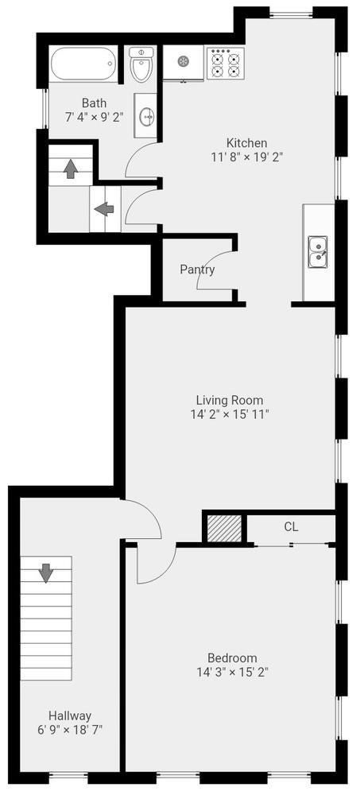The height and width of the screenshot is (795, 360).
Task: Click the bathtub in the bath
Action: coord(83,64)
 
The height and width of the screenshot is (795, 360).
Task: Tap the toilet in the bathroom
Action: coord(141,64)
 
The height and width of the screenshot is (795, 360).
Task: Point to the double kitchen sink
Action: coord(318,252)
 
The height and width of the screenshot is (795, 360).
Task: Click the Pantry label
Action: coord(197,270)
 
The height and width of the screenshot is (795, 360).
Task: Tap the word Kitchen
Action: coord(246,142)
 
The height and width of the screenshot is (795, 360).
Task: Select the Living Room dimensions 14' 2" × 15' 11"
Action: coord(229,414)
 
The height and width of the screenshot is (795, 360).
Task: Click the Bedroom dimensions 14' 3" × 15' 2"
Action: coord(232,673)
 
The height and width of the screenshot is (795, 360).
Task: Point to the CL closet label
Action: coord(291,527)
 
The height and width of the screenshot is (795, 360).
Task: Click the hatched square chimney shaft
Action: coord(225,529)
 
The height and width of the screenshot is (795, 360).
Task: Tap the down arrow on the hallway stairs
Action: coord(46,572)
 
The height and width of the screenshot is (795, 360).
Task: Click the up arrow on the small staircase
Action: coord(70,169)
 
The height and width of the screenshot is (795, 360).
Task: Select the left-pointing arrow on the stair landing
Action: coord(104,209)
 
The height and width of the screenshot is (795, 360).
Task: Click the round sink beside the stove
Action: coord(183,62)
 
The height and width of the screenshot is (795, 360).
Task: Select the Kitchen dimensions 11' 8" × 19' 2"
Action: coord(246,157)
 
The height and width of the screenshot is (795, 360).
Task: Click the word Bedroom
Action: coord(232,658)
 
